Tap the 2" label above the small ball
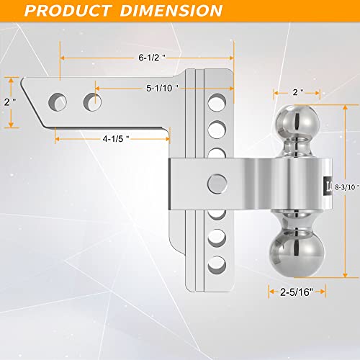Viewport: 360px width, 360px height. coord(296,93)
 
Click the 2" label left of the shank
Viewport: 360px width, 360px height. coord(9,102)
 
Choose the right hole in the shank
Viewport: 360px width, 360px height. coord(91,99)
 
